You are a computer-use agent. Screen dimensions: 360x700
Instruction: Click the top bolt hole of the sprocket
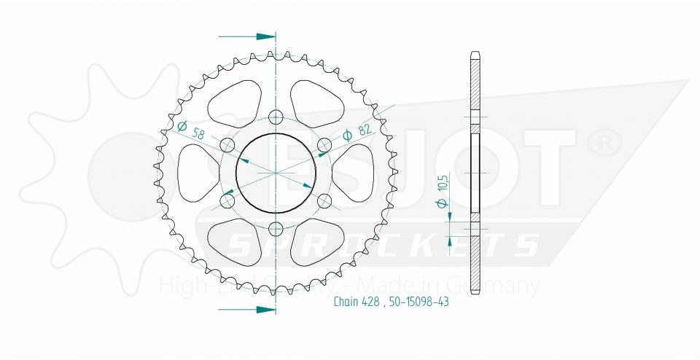pos(275,117)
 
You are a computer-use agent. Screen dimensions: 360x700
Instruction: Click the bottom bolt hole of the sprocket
pos(275,230)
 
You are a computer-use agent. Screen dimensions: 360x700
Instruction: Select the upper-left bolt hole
pos(226,144)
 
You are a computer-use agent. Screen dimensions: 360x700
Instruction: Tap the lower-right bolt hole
pos(324,200)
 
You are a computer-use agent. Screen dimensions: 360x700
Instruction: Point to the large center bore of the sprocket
pos(275,173)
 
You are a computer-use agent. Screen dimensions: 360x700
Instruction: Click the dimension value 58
pos(197,133)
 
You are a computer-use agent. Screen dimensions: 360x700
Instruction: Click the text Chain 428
pos(356,302)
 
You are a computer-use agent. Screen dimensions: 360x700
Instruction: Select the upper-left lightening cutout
pos(233,101)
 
